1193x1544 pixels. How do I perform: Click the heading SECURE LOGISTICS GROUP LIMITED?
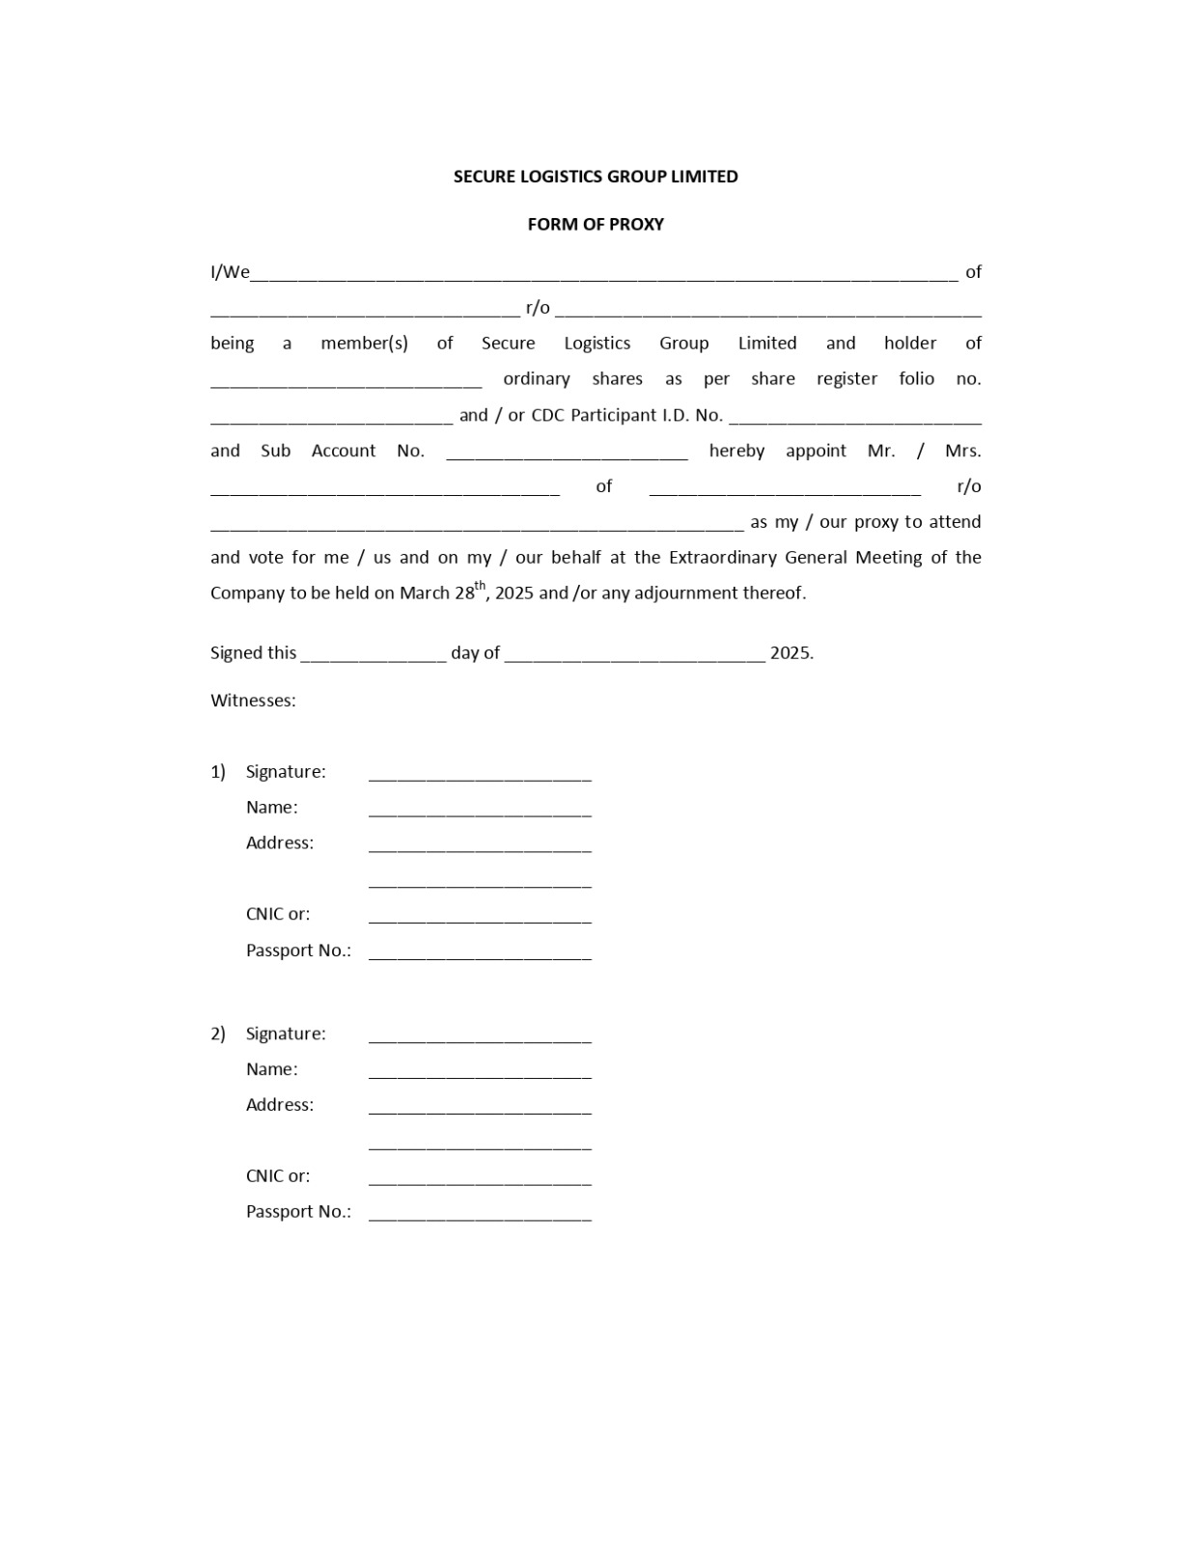(596, 177)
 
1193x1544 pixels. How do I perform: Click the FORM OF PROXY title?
(596, 224)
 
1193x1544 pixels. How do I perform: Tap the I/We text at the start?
(230, 272)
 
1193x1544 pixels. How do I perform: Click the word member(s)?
(364, 344)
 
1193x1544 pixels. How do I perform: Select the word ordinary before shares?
(536, 379)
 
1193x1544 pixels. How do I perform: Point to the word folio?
(916, 379)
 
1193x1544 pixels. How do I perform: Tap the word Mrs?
(962, 451)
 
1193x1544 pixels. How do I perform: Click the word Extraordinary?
(723, 558)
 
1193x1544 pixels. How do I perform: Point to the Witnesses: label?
(253, 701)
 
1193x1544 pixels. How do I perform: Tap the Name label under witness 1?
(271, 808)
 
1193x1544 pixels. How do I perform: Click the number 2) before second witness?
(218, 1034)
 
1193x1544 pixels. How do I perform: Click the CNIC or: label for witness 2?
(278, 1176)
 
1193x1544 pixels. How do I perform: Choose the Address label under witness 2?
(280, 1105)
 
